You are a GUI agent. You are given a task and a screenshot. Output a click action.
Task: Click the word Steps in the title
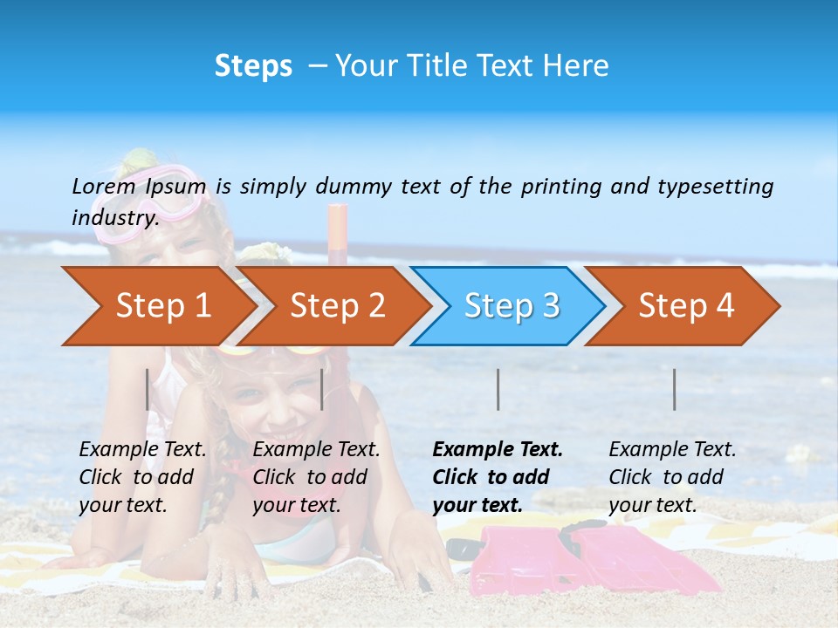[x=253, y=66]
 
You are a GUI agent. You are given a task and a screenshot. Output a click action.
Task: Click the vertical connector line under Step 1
[x=148, y=389]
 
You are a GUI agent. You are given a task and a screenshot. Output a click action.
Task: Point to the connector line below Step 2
[x=322, y=389]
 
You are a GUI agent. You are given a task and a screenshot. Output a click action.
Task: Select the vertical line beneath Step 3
[x=498, y=389]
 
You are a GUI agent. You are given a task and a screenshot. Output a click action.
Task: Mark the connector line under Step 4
[x=674, y=389]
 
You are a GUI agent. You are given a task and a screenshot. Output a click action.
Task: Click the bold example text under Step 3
[x=497, y=477]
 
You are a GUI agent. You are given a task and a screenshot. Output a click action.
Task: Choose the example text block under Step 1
[x=142, y=477]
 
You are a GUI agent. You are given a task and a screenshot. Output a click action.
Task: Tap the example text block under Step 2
[x=316, y=477]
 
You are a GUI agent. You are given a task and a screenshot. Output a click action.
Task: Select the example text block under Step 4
[x=672, y=477]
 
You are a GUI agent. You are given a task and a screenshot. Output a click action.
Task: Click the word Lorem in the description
[x=104, y=186]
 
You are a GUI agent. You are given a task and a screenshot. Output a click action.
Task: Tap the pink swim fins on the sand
[x=559, y=558]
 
